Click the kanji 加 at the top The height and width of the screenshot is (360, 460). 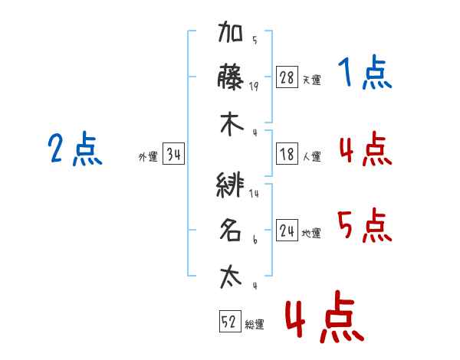coord(230,31)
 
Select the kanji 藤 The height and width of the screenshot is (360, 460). coord(231,77)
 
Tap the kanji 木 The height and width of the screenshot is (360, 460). coord(232,125)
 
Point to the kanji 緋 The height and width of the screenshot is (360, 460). coord(230,185)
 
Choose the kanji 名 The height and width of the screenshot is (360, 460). coord(231,230)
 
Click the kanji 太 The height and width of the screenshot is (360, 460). coord(231,277)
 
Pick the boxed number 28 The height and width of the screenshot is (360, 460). coord(287,77)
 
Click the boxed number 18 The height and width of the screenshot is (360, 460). coord(287,154)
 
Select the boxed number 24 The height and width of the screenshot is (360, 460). coord(287,230)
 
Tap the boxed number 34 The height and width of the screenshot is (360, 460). coord(173,154)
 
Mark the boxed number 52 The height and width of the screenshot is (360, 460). coord(230,321)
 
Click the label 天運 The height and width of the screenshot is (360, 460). coord(312,80)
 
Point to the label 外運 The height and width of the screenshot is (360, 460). coord(148,156)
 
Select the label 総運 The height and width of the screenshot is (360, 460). coord(255,324)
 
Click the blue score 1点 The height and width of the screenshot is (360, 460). coord(365,72)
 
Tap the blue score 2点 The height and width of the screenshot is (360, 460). coord(75,149)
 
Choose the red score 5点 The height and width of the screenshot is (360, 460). coord(365,225)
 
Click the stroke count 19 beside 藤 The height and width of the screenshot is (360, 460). coord(254,87)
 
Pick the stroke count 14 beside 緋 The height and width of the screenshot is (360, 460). coord(254,193)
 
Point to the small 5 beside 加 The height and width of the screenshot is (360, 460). coord(255,40)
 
